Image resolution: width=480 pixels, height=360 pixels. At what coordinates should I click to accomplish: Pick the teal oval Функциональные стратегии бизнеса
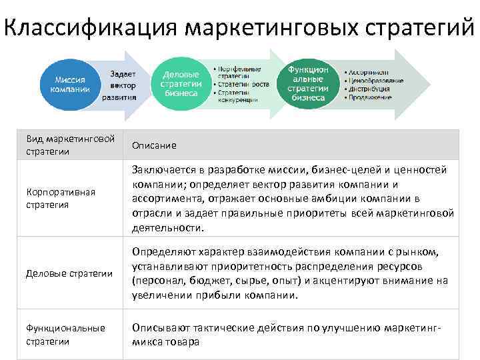click(308, 84)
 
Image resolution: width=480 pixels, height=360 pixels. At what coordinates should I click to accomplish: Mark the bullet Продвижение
click(369, 98)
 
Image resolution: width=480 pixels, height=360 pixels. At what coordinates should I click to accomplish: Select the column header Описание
click(154, 145)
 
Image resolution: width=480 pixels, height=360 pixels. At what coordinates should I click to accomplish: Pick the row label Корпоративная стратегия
click(61, 198)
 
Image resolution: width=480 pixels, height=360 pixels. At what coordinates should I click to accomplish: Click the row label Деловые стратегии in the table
click(69, 273)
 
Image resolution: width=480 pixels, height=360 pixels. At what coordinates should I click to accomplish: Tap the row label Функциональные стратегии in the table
click(65, 334)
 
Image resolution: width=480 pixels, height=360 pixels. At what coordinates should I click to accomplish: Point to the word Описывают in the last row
click(157, 327)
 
